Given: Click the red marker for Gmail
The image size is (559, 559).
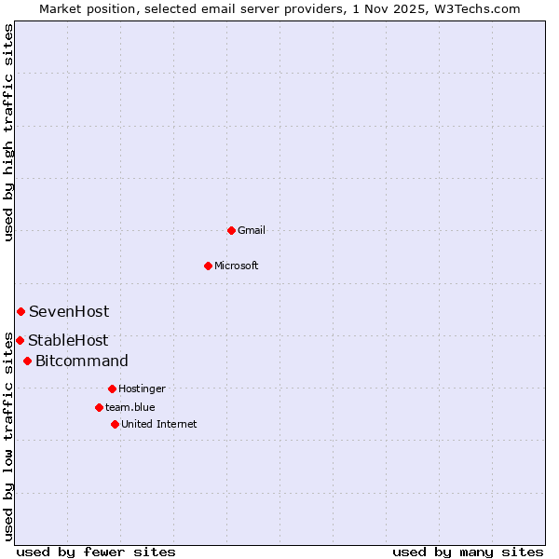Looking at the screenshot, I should point(231,230).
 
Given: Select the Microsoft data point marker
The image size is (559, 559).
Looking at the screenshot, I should point(208,266).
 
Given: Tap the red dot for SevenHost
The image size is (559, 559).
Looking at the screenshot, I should point(20,311).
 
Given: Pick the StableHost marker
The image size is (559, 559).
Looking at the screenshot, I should point(20,340).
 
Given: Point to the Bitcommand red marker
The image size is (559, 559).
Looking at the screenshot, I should point(27,361).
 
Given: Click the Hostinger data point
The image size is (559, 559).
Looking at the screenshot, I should point(112,389).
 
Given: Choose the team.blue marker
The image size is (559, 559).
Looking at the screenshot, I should point(99,407).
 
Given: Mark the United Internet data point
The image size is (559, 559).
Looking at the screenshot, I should point(115,424).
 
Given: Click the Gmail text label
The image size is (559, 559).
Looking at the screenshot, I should point(252,230).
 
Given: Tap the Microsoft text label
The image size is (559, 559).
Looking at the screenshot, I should point(237,266).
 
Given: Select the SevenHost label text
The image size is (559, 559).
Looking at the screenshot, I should point(69,312).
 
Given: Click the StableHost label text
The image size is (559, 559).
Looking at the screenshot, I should point(68,341).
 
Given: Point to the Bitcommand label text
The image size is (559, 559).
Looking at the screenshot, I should point(82,361).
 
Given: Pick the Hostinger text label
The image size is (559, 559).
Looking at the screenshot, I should point(142,389).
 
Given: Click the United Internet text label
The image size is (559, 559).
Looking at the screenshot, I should point(159,424).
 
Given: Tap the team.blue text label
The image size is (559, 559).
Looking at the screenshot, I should point(130,407).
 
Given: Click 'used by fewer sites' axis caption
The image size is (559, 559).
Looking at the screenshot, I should point(96,552).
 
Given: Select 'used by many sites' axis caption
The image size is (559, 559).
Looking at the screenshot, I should point(468,552).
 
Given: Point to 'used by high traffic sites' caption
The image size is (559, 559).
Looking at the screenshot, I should point(9,133).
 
